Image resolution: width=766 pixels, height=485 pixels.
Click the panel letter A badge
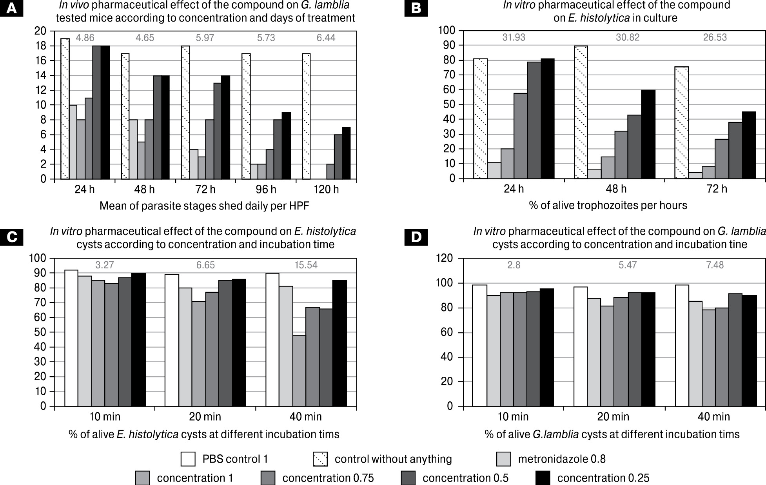(x=12, y=9)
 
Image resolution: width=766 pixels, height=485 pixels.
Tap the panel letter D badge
(x=416, y=237)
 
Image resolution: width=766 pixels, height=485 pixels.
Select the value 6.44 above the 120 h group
(x=326, y=38)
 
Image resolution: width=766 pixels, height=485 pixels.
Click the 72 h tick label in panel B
(x=717, y=189)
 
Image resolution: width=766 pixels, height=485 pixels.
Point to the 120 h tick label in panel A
(x=326, y=190)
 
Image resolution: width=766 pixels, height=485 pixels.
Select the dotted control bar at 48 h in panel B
(x=581, y=112)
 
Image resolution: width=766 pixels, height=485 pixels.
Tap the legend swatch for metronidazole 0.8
(x=504, y=459)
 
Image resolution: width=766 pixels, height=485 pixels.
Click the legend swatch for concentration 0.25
(x=543, y=478)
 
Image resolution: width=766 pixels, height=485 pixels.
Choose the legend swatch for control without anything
(x=320, y=459)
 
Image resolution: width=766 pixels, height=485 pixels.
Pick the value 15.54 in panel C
(x=306, y=265)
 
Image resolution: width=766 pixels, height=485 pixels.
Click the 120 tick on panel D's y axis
(x=447, y=258)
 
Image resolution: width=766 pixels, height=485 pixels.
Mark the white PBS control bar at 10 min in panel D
(x=479, y=345)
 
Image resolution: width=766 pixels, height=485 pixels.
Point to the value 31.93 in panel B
(x=514, y=38)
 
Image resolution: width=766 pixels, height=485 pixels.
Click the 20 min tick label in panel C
(x=205, y=417)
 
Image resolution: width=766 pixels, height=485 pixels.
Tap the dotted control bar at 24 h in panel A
(x=65, y=109)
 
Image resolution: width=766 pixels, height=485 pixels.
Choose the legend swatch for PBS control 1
(x=188, y=459)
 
